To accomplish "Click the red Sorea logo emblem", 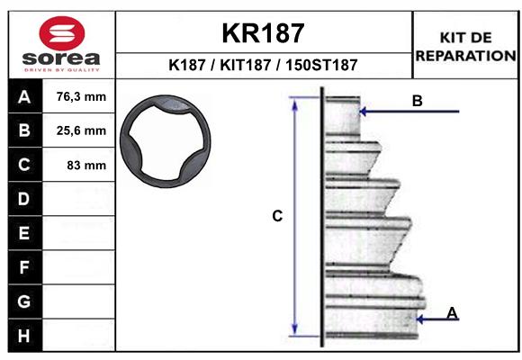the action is coord(62,33).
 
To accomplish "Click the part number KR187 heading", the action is coord(263,33).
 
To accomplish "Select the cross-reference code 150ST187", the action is coord(321,65).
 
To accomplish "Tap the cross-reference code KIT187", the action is coord(246,65).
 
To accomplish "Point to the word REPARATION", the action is coord(465,56).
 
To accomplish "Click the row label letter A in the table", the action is coord(24,97).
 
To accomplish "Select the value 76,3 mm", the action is coord(81,96).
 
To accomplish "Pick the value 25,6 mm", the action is coord(81,130).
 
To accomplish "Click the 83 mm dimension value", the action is coord(86,165).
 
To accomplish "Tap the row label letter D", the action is coord(23,199).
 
